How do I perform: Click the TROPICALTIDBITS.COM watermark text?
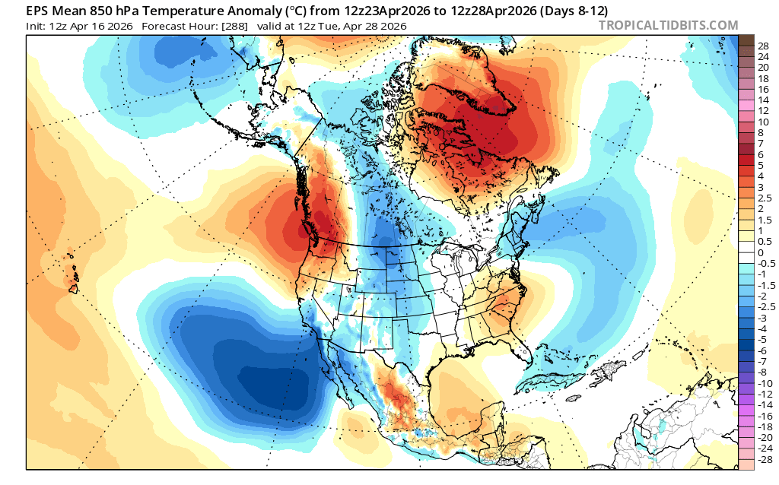point(668,25)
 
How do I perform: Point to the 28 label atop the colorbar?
point(763,46)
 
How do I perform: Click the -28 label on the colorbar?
point(765,460)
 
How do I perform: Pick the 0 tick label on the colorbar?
point(760,252)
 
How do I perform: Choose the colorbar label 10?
point(763,122)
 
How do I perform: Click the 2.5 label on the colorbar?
point(764,198)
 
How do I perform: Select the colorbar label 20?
point(763,67)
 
